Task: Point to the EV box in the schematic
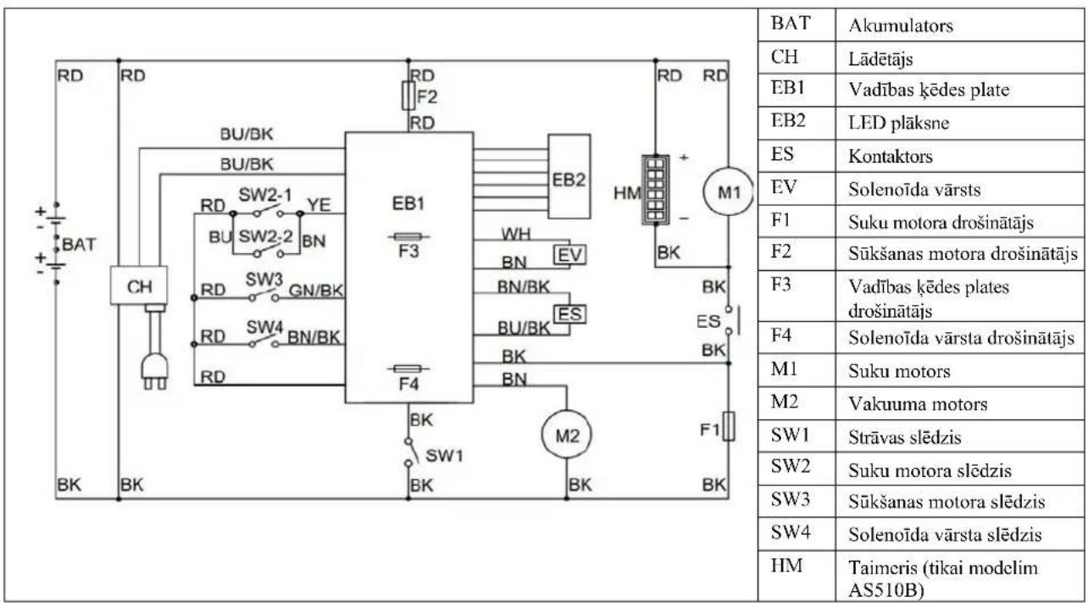pyautogui.click(x=569, y=254)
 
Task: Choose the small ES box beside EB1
pyautogui.click(x=569, y=313)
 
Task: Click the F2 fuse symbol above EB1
pyautogui.click(x=408, y=96)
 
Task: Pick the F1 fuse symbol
pyautogui.click(x=729, y=426)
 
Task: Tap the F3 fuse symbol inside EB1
pyautogui.click(x=408, y=237)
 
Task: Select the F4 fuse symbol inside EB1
pyautogui.click(x=408, y=368)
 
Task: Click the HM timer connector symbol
pyautogui.click(x=655, y=190)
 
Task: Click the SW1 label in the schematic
pyautogui.click(x=444, y=456)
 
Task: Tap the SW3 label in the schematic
pyautogui.click(x=264, y=279)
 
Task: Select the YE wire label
pyautogui.click(x=319, y=205)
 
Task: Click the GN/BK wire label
pyautogui.click(x=316, y=290)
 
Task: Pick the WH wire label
pyautogui.click(x=516, y=235)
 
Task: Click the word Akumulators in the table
pyautogui.click(x=901, y=25)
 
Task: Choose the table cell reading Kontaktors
pyautogui.click(x=891, y=157)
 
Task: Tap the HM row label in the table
pyautogui.click(x=786, y=566)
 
